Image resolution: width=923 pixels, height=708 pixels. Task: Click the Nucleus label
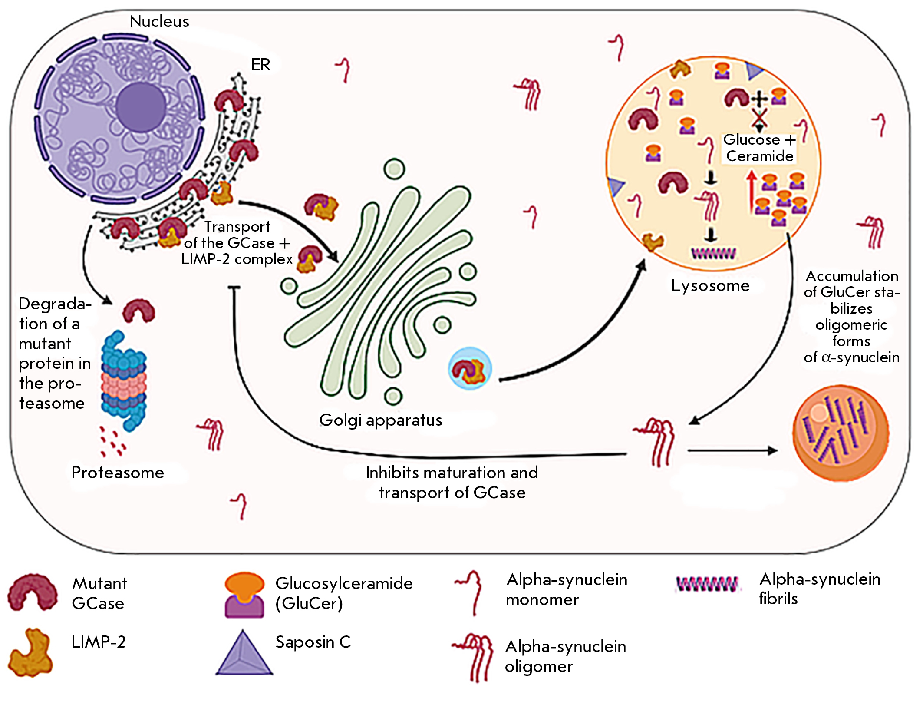(159, 21)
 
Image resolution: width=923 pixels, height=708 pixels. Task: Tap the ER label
(260, 65)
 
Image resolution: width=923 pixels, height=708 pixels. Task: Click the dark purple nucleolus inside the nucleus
(140, 107)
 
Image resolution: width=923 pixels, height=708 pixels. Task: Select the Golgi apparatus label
(381, 420)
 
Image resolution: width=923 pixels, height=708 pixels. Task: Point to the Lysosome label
(710, 285)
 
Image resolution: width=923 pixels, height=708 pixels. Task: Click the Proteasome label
(118, 472)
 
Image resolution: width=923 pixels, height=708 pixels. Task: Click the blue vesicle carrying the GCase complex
(470, 368)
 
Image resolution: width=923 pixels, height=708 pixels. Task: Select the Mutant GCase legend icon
(33, 592)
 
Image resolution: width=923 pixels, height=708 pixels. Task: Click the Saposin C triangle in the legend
(244, 653)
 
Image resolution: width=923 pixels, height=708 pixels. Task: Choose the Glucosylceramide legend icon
(244, 595)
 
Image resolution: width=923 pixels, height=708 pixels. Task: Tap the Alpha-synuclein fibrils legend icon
(706, 584)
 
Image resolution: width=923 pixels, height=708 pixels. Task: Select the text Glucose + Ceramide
(760, 148)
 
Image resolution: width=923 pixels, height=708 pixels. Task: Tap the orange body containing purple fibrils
(841, 433)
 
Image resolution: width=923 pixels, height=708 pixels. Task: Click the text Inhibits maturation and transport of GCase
(452, 483)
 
